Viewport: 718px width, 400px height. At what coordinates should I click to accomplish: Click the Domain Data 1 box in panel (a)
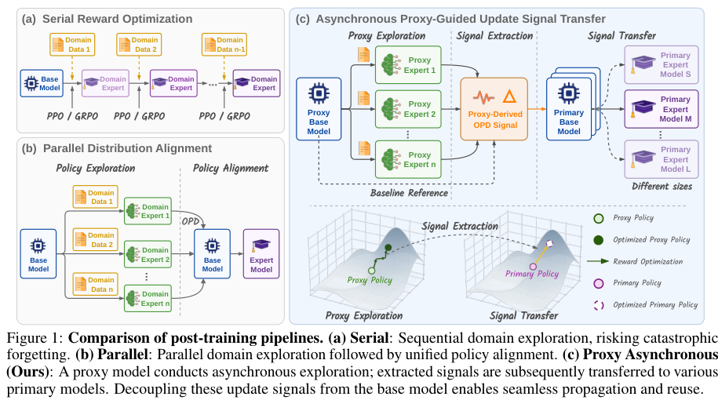[x=72, y=45]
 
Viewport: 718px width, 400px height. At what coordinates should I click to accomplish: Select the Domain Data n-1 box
[x=224, y=45]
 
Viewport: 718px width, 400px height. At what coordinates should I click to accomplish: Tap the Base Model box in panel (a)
[x=42, y=83]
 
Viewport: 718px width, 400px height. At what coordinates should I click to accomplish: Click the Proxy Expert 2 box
[x=408, y=109]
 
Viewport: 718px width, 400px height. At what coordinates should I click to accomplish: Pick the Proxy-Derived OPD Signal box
[x=494, y=109]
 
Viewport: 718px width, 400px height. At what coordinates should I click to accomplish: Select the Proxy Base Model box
[x=319, y=109]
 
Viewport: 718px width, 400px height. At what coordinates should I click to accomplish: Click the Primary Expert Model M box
[x=662, y=109]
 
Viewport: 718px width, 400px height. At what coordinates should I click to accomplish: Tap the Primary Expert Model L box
[x=662, y=159]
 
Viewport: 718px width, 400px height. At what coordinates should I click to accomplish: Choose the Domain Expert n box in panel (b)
[x=148, y=298]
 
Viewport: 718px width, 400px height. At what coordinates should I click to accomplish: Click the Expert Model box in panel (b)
[x=261, y=254]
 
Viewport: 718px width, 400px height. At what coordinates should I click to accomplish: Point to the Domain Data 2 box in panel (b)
[x=95, y=240]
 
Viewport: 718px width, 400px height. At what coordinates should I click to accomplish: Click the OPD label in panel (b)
[x=191, y=221]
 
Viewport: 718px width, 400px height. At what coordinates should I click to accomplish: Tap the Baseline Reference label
[x=409, y=193]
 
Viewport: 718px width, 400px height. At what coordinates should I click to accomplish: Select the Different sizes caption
[x=662, y=186]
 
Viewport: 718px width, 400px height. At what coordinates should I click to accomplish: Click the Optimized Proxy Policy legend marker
[x=598, y=240]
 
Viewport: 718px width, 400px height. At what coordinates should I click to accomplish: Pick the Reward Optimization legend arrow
[x=598, y=261]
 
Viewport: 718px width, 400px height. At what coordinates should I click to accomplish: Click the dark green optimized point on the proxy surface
[x=388, y=248]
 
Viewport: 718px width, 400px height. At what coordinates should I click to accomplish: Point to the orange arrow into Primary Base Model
[x=537, y=109]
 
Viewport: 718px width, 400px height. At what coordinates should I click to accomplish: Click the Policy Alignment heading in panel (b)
[x=231, y=169]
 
